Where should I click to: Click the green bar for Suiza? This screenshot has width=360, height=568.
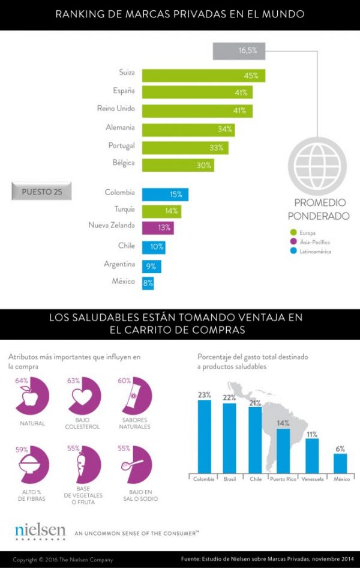[203, 76]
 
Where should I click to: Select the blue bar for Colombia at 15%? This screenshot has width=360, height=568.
[165, 195]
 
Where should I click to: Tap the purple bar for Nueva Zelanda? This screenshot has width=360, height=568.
[158, 228]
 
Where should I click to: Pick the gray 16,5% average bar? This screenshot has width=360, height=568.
[238, 51]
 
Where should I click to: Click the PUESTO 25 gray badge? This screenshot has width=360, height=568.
[41, 192]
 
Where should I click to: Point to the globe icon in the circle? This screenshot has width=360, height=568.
[317, 162]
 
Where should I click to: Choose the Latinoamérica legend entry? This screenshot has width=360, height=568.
[310, 252]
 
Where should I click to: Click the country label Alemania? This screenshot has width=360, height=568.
[121, 127]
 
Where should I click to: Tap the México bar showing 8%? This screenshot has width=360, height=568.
[148, 282]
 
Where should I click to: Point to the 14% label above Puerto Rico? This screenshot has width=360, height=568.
[283, 423]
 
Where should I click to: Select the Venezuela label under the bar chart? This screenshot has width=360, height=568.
[312, 479]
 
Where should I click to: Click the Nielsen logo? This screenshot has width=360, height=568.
[40, 531]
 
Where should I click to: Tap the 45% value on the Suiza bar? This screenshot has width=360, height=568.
[250, 76]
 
